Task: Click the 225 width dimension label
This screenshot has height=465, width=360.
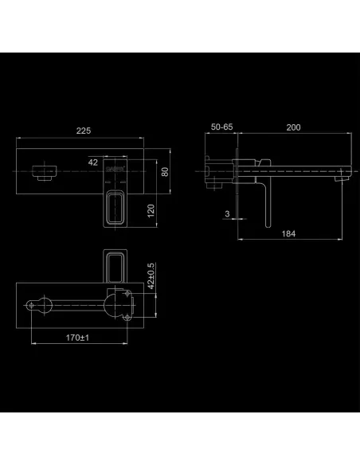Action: (84, 131)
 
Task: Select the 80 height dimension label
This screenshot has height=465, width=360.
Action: (165, 172)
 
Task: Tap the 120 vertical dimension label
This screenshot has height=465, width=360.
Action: (151, 210)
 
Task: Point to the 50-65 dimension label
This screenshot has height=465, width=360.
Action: (221, 127)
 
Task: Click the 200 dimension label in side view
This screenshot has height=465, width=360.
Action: (293, 127)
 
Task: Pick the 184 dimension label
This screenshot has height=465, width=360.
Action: (288, 233)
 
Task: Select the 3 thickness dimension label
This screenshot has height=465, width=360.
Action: (227, 213)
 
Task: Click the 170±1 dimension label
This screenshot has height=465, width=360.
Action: (77, 338)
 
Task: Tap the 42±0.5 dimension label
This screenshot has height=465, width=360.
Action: (151, 275)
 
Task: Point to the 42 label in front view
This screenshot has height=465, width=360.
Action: (93, 162)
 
